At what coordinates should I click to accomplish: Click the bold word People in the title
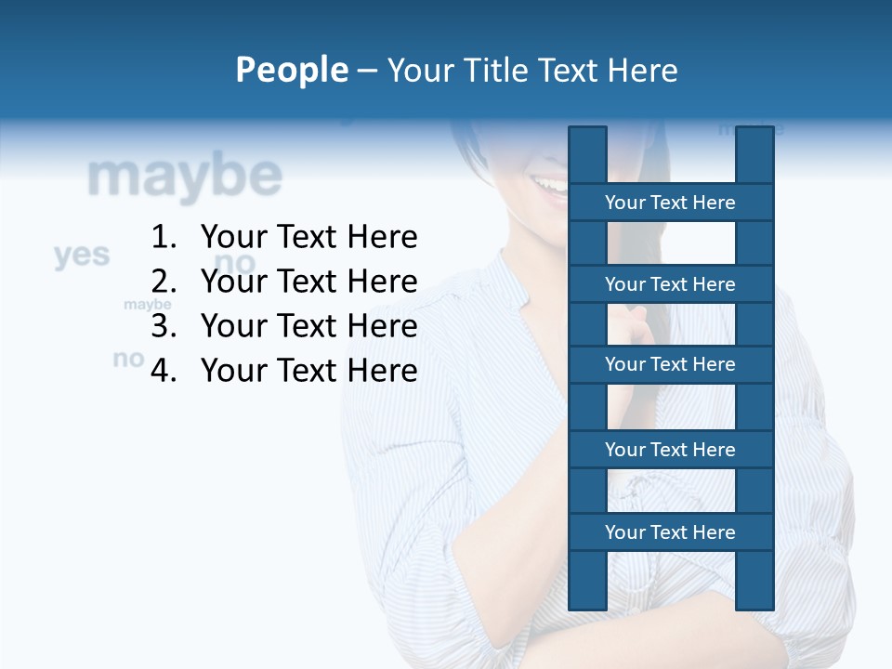(x=291, y=70)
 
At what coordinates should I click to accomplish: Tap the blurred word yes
(x=82, y=255)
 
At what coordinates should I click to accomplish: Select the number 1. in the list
(x=164, y=237)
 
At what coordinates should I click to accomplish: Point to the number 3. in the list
(x=164, y=326)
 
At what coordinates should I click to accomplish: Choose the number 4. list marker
(x=164, y=371)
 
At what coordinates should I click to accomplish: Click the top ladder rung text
(x=670, y=203)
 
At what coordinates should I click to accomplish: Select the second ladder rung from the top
(x=670, y=284)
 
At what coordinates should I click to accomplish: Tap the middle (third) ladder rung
(x=670, y=364)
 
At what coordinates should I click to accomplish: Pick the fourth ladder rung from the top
(x=670, y=450)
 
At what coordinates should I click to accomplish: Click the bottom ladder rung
(x=670, y=532)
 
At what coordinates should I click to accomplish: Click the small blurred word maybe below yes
(x=148, y=305)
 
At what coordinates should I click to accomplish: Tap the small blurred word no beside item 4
(x=129, y=358)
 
